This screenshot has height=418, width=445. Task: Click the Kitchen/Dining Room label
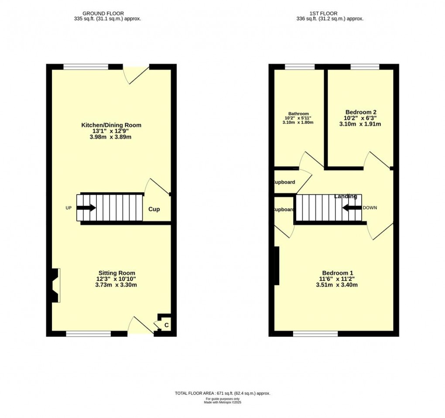111,125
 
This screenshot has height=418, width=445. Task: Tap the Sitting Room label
113,273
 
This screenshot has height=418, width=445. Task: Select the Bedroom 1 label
337,273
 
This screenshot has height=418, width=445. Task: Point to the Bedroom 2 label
360,112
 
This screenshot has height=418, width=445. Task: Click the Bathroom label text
298,114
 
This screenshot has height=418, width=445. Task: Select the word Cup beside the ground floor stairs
154,209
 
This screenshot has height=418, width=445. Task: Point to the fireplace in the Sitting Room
55,285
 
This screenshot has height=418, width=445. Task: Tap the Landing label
346,196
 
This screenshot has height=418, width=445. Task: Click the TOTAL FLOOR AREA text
222,394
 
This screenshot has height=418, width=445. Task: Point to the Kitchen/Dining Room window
86,67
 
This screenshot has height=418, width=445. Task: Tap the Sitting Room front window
89,334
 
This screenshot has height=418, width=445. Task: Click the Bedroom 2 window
365,67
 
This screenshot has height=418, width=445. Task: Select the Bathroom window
300,67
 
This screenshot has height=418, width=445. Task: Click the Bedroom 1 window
315,334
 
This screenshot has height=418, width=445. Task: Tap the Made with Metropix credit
222,402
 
